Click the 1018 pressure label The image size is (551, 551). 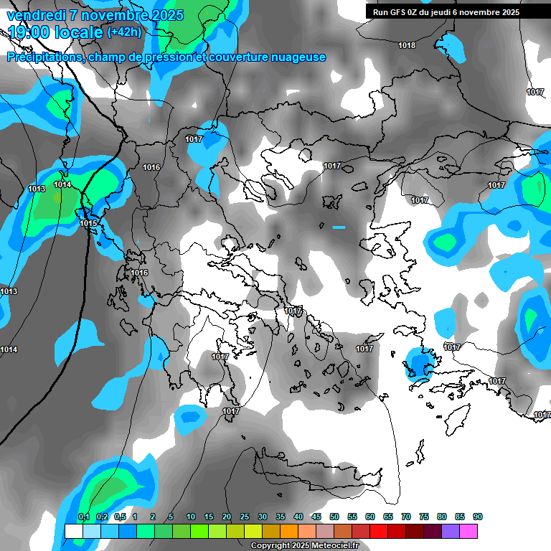pyautogui.click(x=407, y=46)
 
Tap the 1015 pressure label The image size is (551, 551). pyautogui.click(x=88, y=224)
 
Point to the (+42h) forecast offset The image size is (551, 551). pyautogui.click(x=124, y=32)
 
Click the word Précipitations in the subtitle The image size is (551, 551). pyautogui.click(x=43, y=57)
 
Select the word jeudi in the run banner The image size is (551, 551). pyautogui.click(x=456, y=12)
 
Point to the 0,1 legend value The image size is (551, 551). pyautogui.click(x=83, y=517)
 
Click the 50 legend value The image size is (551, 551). pyautogui.click(x=334, y=517)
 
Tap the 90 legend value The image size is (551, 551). pyautogui.click(x=478, y=517)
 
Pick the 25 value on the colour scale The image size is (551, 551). pyautogui.click(x=245, y=517)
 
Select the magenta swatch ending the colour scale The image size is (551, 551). pyautogui.click(x=468, y=531)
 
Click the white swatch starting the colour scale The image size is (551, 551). pyautogui.click(x=73, y=531)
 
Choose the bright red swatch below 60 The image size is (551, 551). pyautogui.click(x=379, y=531)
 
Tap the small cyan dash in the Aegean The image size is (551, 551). pyautogui.click(x=339, y=227)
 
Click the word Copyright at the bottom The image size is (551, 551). pyautogui.click(x=270, y=546)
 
